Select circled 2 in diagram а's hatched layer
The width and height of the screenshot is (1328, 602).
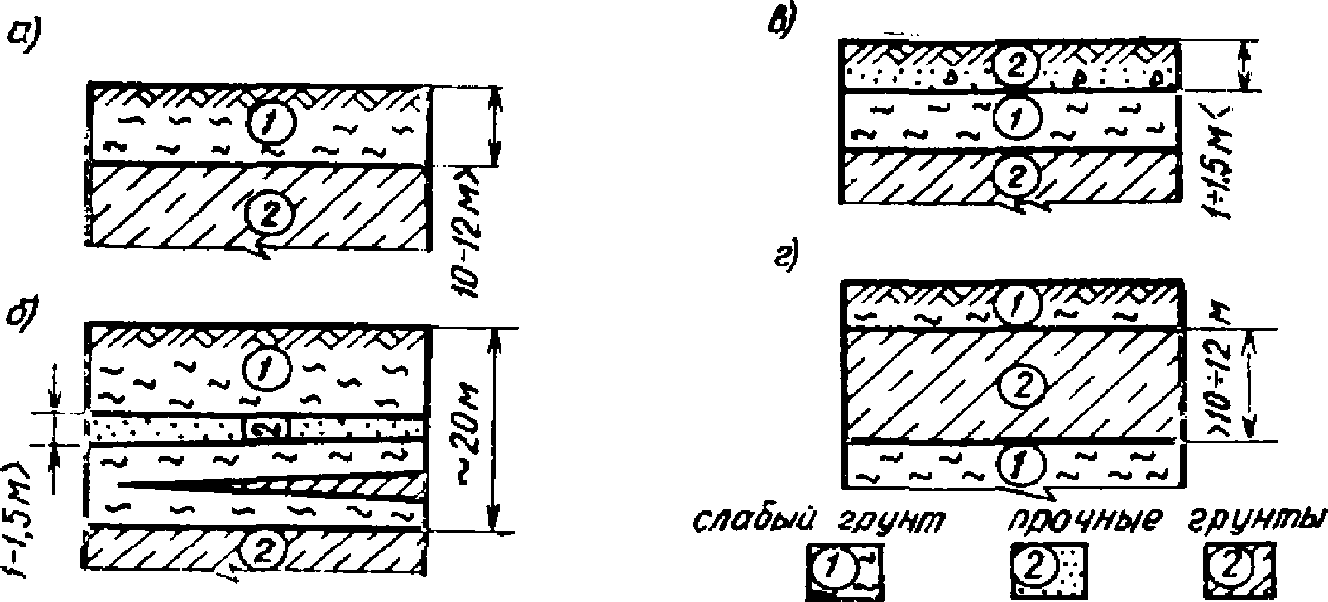[263, 217]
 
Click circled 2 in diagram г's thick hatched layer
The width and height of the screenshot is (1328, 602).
[1021, 384]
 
